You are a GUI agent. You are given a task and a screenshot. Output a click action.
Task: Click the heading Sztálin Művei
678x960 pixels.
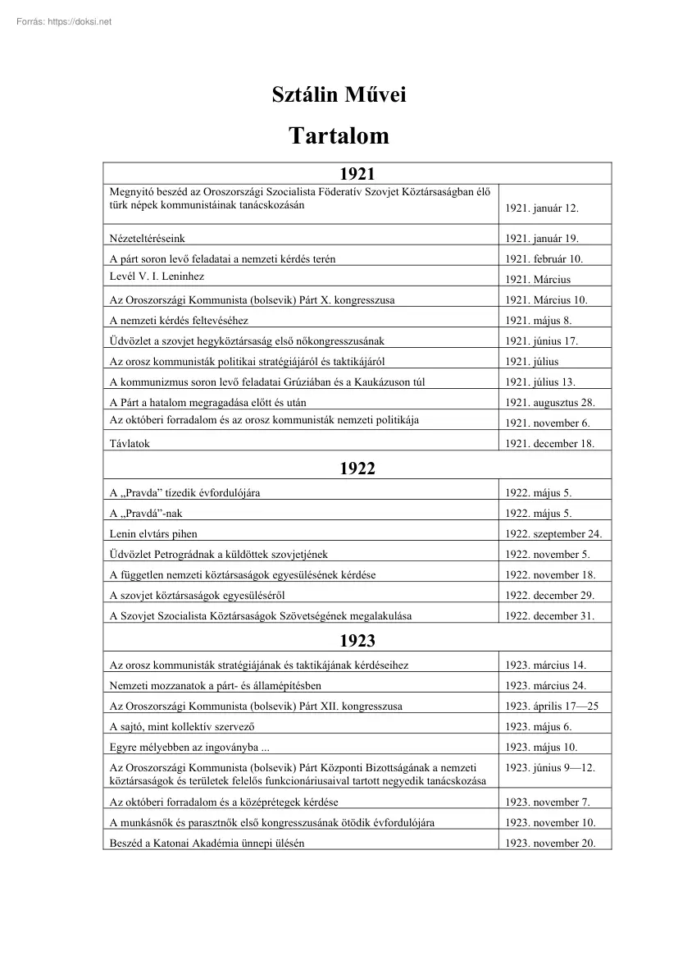pyautogui.click(x=339, y=96)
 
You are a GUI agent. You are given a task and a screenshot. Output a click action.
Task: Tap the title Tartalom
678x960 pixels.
pyautogui.click(x=339, y=136)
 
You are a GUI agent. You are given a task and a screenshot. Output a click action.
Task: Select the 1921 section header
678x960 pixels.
pyautogui.click(x=357, y=173)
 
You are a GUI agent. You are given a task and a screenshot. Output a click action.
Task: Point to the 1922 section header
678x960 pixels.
pyautogui.click(x=357, y=469)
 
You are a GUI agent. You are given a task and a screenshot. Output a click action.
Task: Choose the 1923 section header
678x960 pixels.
pyautogui.click(x=357, y=640)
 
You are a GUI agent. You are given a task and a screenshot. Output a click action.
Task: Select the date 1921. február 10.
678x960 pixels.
pyautogui.click(x=544, y=259)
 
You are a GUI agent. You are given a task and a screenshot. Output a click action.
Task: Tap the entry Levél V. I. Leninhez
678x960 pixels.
pyautogui.click(x=157, y=277)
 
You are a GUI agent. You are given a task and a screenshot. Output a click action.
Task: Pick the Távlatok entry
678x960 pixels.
pyautogui.click(x=130, y=444)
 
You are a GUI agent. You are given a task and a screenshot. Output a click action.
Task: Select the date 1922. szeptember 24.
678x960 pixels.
pyautogui.click(x=553, y=534)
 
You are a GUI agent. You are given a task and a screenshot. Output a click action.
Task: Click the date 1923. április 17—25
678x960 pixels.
pyautogui.click(x=553, y=706)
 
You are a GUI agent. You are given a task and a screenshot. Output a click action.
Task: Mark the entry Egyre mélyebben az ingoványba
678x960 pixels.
pyautogui.click(x=189, y=747)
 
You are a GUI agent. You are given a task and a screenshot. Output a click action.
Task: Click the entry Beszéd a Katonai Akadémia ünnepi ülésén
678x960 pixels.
pyautogui.click(x=207, y=843)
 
